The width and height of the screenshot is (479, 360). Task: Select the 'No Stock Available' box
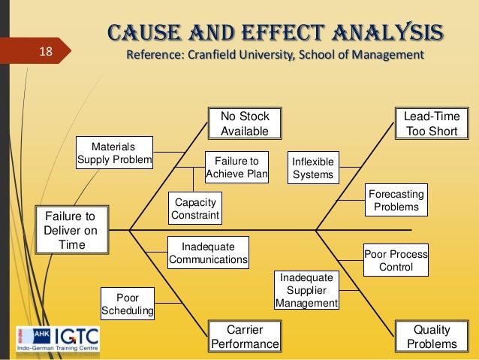click(245, 124)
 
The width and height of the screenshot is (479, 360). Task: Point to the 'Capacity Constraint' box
click(195, 209)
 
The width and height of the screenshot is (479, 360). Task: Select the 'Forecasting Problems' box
click(396, 200)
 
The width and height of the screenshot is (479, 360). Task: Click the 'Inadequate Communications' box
click(208, 253)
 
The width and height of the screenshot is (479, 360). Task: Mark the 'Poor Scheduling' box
click(128, 303)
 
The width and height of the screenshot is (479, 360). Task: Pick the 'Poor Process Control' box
click(396, 260)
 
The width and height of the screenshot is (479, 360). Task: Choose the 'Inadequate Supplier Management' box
click(306, 291)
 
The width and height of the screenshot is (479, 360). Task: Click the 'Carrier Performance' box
click(245, 336)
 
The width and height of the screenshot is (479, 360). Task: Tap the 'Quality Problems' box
click(432, 336)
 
